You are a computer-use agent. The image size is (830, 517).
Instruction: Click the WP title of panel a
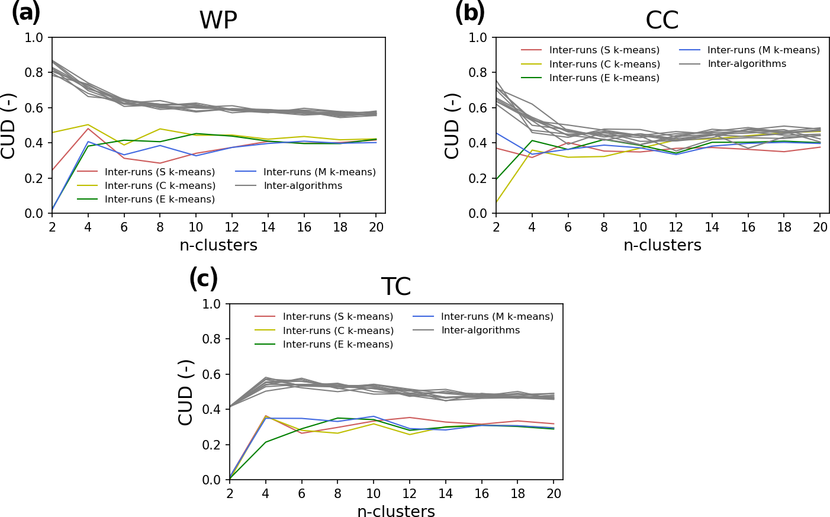pyautogui.click(x=218, y=21)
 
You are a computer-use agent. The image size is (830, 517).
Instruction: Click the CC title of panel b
pyautogui.click(x=662, y=21)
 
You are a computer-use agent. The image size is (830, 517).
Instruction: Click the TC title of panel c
pyautogui.click(x=395, y=287)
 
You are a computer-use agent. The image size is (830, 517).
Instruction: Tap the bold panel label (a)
pyautogui.click(x=26, y=12)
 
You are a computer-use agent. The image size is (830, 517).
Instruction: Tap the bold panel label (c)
pyautogui.click(x=204, y=279)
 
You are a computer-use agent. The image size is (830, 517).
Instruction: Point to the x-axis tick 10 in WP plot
pyautogui.click(x=196, y=227)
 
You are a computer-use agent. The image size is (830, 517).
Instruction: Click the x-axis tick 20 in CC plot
pyautogui.click(x=820, y=227)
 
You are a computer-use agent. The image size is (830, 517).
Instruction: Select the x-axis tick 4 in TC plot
pyautogui.click(x=266, y=494)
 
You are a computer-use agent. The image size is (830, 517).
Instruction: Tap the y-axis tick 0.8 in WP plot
pyautogui.click(x=34, y=73)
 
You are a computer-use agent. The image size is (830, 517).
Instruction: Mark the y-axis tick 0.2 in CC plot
pyautogui.click(x=478, y=178)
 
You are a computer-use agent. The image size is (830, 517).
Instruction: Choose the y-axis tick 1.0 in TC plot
pyautogui.click(x=211, y=304)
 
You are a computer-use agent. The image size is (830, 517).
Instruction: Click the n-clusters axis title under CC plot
pyautogui.click(x=662, y=245)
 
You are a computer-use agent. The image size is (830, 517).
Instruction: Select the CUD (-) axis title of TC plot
pyautogui.click(x=186, y=392)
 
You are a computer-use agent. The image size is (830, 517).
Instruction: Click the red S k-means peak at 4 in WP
pyautogui.click(x=88, y=129)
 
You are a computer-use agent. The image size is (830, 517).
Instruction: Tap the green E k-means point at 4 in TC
pyautogui.click(x=266, y=442)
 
